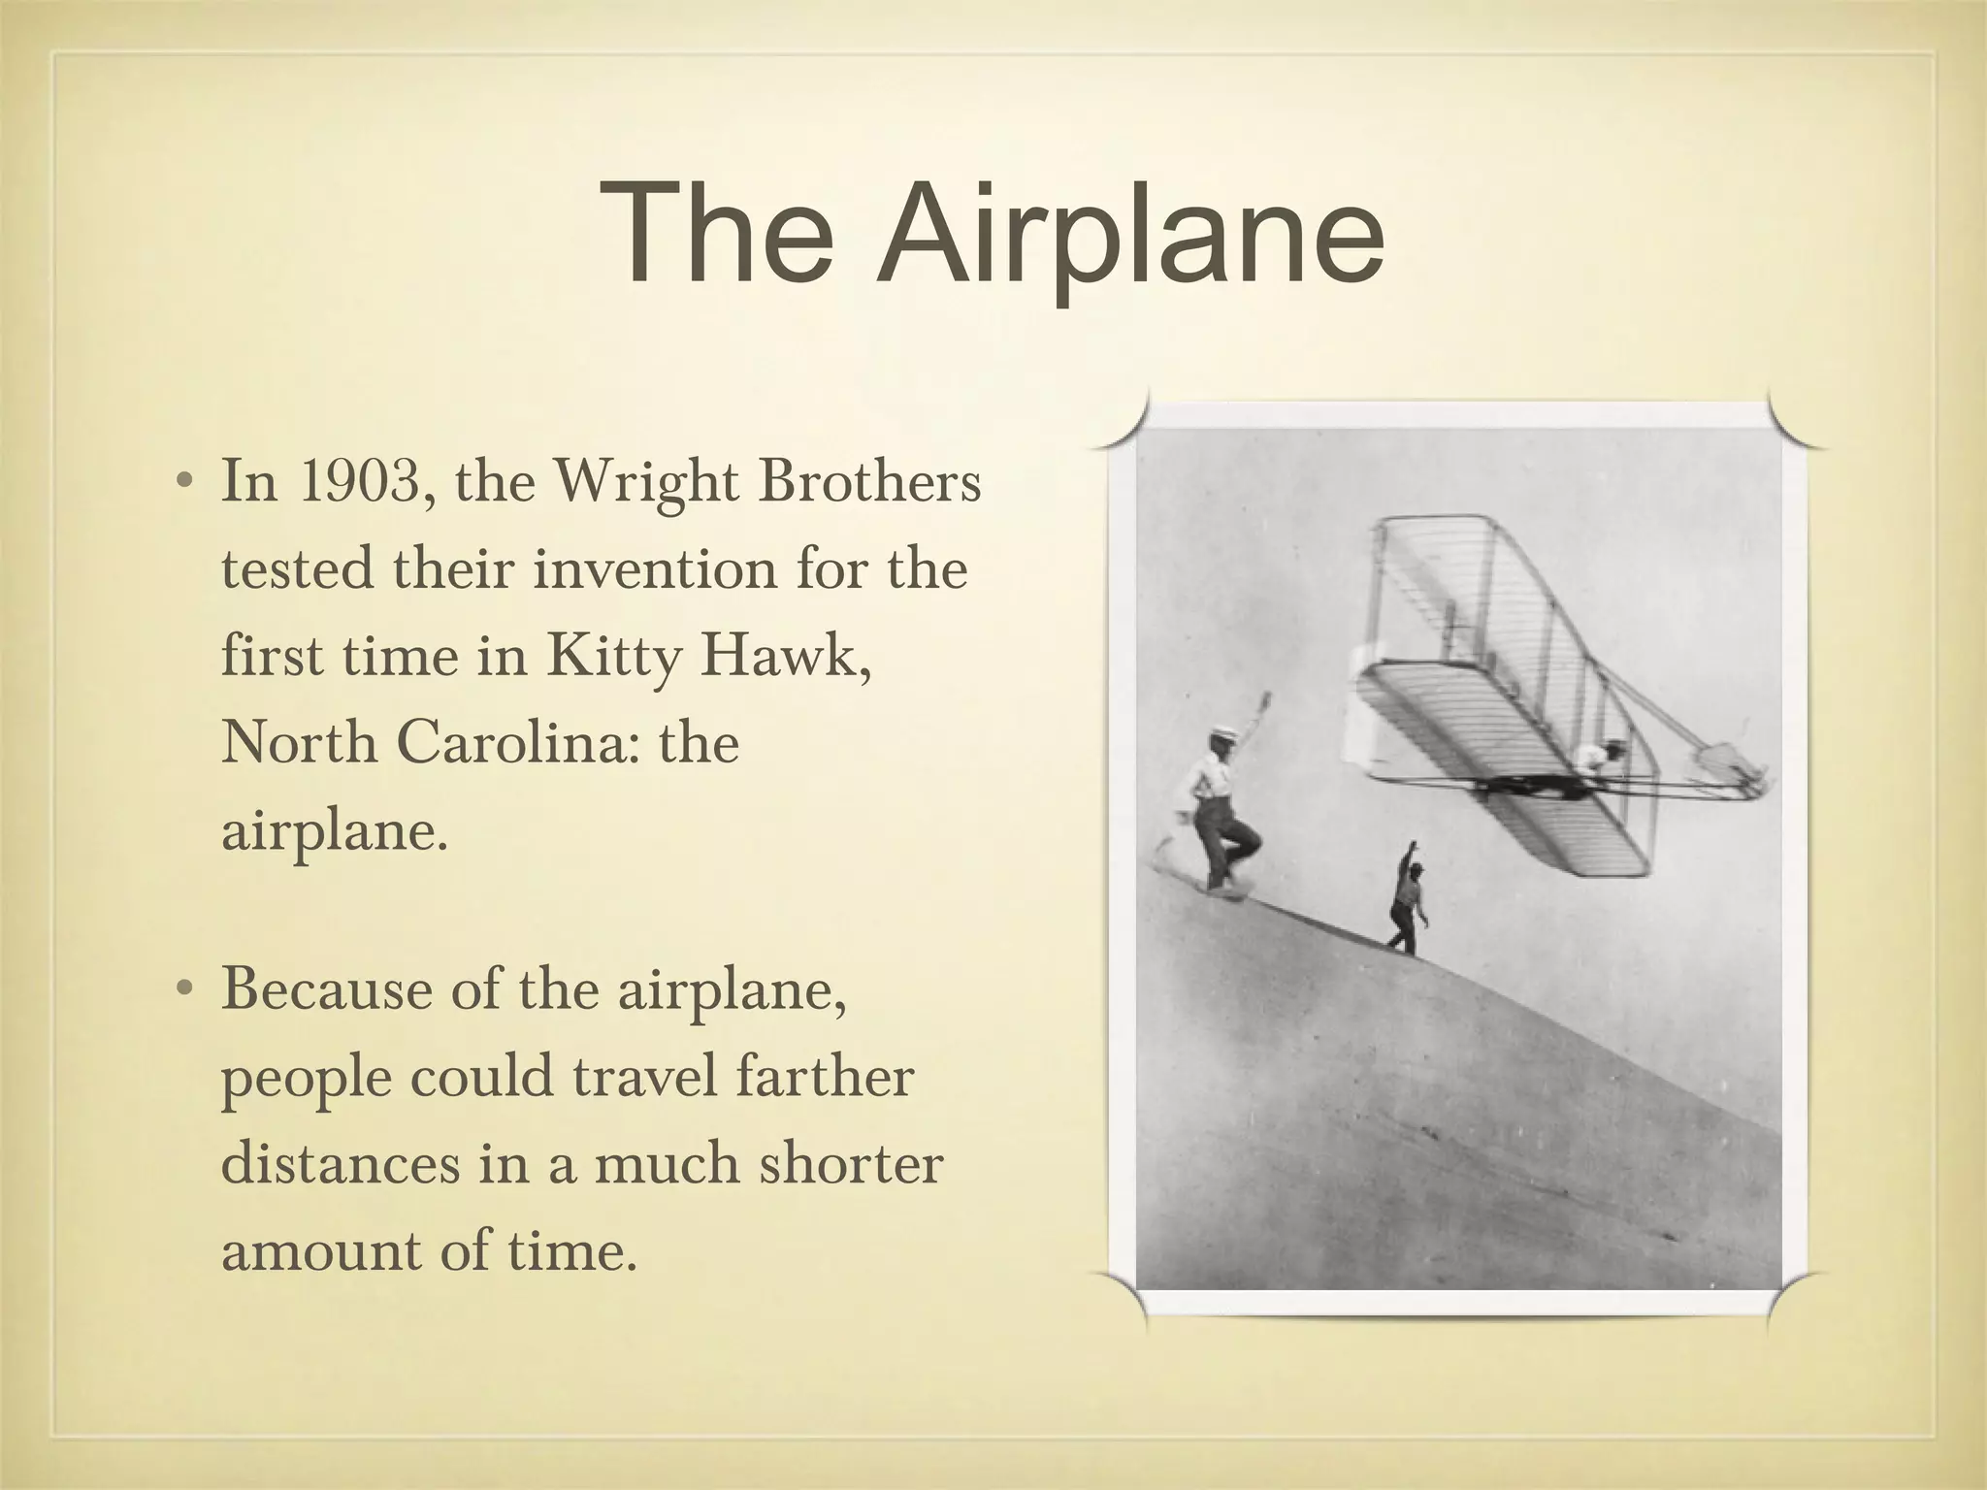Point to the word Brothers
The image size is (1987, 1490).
(869, 482)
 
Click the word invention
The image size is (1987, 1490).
(656, 569)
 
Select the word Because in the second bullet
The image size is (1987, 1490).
(326, 990)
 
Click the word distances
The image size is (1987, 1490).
(341, 1164)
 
